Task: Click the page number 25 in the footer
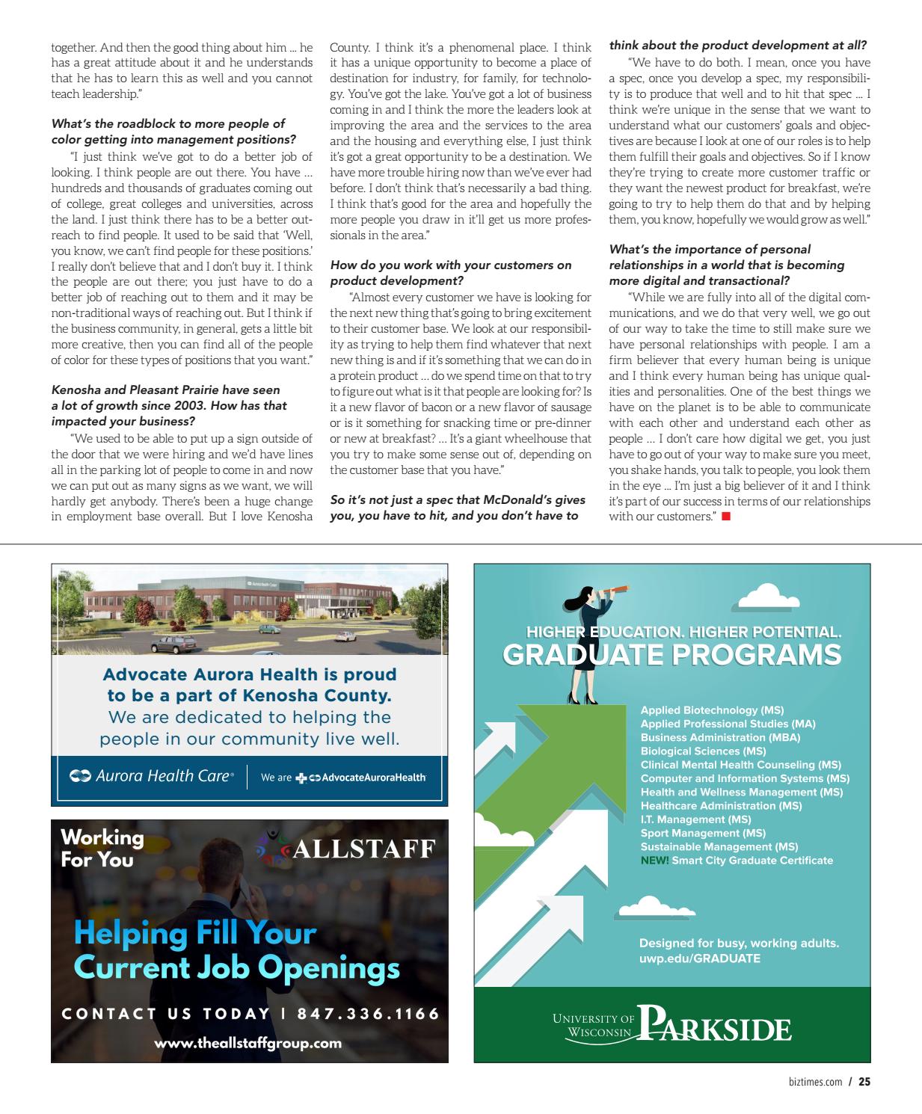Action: pyautogui.click(x=864, y=1081)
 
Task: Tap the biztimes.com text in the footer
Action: pyautogui.click(x=814, y=1081)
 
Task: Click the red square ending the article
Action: pyautogui.click(x=725, y=517)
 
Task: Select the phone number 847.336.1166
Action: pyautogui.click(x=369, y=1014)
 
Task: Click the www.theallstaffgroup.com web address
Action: pyautogui.click(x=248, y=1043)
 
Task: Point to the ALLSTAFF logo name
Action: pyautogui.click(x=363, y=849)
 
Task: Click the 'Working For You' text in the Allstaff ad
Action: pyautogui.click(x=102, y=848)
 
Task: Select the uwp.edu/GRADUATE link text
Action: pyautogui.click(x=699, y=958)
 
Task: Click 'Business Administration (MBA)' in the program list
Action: pyautogui.click(x=720, y=737)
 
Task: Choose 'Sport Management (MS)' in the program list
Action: pyautogui.click(x=703, y=833)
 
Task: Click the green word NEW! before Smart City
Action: pyautogui.click(x=654, y=861)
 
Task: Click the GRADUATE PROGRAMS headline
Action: pyautogui.click(x=671, y=655)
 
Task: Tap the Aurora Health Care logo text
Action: pyautogui.click(x=152, y=776)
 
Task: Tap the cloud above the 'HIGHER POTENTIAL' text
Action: pyautogui.click(x=769, y=598)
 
